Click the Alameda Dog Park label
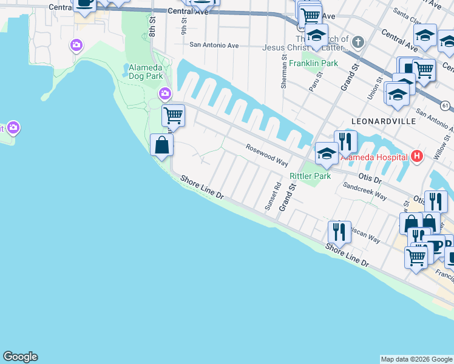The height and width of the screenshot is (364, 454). click(146, 72)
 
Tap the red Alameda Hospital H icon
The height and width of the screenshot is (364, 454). click(416, 156)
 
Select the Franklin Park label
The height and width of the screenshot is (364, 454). click(313, 63)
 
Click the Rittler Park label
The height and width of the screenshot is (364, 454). click(310, 176)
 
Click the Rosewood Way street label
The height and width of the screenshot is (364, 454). click(266, 155)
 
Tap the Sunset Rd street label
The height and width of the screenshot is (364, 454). click(272, 197)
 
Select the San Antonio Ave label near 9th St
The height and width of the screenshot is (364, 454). click(214, 45)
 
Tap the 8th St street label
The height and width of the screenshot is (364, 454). click(152, 28)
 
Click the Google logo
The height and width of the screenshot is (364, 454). click(20, 357)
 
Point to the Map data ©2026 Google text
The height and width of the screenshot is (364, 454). click(416, 359)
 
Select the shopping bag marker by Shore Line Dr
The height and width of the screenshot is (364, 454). click(161, 146)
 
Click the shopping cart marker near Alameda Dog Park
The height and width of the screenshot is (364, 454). click(174, 115)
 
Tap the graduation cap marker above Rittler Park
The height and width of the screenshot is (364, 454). click(327, 153)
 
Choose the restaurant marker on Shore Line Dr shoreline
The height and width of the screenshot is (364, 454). click(339, 232)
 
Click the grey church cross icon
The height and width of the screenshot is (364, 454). click(358, 42)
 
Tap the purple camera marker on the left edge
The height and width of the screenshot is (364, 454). click(13, 128)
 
